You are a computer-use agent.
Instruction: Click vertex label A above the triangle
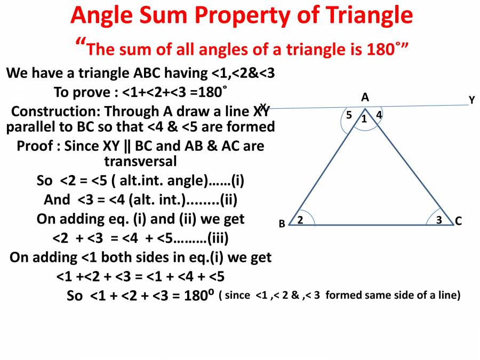tap(365, 97)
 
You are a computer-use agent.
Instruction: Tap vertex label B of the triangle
tap(282, 224)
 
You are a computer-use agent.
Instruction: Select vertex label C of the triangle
tap(458, 221)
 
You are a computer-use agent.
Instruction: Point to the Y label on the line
tap(471, 100)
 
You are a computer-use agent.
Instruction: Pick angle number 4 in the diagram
tap(379, 114)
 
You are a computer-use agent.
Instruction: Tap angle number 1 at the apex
tap(364, 119)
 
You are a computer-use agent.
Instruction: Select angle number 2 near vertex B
tap(300, 219)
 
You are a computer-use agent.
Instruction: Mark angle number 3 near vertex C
tap(438, 219)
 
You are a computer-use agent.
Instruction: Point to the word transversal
tap(140, 161)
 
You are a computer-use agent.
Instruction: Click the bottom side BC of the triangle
tap(368, 225)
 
